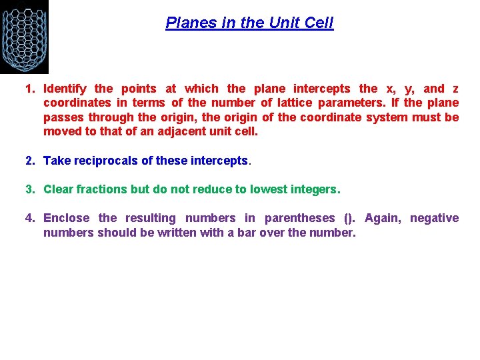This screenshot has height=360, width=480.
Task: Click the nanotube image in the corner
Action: (x=24, y=36)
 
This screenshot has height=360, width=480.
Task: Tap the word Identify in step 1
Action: (x=65, y=88)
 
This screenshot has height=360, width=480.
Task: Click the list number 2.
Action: (x=29, y=161)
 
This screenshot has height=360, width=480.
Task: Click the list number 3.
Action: (x=29, y=189)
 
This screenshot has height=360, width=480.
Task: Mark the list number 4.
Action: (x=29, y=218)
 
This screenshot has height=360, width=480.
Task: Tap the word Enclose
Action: (x=65, y=218)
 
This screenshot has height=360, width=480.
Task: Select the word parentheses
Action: (x=299, y=218)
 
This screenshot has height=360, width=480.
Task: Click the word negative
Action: (x=435, y=218)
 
